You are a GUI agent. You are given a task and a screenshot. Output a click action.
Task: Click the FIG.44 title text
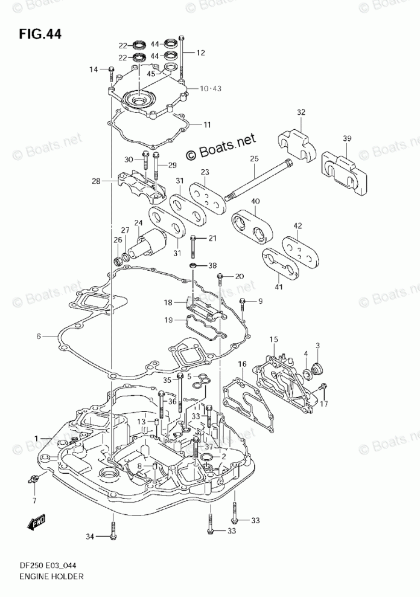40,34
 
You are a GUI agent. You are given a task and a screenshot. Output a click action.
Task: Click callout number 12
200,53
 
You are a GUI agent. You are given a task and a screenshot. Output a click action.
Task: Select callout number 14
94,70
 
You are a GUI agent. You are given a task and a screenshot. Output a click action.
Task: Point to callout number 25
253,159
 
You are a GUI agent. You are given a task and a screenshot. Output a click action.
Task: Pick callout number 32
301,112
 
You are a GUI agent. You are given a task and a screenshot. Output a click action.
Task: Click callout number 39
347,140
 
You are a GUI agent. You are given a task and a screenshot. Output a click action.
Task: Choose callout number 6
38,336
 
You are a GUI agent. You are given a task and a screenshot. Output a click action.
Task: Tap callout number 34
90,536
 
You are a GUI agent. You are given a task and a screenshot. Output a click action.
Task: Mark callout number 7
34,500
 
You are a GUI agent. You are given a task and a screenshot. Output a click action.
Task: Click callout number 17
323,404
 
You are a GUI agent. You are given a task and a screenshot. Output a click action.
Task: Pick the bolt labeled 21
192,246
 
